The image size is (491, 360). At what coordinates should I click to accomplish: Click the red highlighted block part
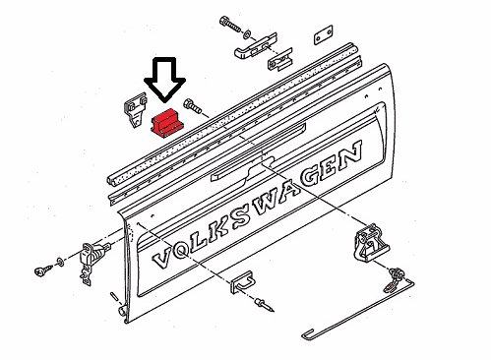(x=167, y=123)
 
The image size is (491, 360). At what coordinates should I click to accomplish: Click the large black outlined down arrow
(x=164, y=79)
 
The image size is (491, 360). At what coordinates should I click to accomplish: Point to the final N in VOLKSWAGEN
(x=350, y=155)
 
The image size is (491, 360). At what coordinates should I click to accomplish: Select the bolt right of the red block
(x=192, y=105)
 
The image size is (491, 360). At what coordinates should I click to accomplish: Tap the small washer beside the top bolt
(x=248, y=33)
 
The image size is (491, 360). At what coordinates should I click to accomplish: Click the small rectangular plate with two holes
(x=324, y=34)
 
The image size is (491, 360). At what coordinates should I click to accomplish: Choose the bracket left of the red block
(x=135, y=110)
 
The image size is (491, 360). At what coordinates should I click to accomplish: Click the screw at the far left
(x=43, y=270)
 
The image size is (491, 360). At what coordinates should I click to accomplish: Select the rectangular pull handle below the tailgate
(x=242, y=282)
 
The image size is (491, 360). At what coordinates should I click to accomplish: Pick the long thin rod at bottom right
(x=358, y=310)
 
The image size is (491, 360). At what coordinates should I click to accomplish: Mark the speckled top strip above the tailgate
(x=231, y=113)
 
